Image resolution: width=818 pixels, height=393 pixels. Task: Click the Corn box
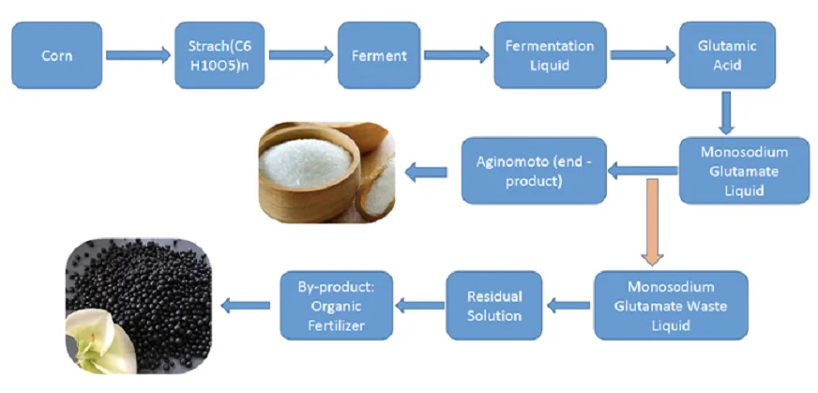point(56,55)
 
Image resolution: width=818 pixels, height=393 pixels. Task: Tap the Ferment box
point(378,55)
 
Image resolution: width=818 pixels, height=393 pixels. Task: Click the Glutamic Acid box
point(727,55)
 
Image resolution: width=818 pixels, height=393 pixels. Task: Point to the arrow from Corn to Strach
point(139,55)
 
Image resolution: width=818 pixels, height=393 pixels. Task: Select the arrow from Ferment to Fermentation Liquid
point(456,55)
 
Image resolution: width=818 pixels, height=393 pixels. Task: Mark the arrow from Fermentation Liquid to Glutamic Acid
point(643,55)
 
